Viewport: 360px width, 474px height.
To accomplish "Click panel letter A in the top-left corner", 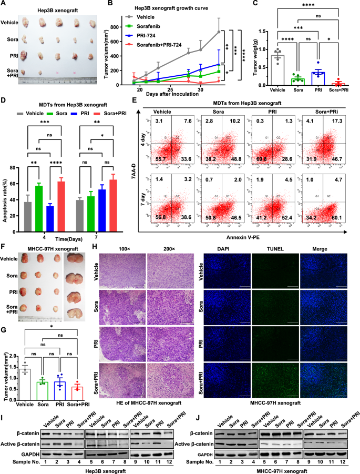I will click(x=5, y=4).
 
